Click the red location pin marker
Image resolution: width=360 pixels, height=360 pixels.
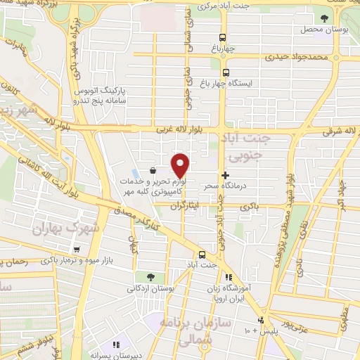click(x=181, y=165)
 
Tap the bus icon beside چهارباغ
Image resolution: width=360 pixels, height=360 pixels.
click(x=223, y=38)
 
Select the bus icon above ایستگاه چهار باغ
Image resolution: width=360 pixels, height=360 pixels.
click(x=226, y=72)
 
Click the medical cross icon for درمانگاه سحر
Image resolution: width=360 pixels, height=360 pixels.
click(x=225, y=175)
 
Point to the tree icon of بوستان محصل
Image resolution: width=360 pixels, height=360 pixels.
click(x=323, y=19)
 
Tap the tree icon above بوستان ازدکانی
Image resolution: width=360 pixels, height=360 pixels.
click(x=150, y=277)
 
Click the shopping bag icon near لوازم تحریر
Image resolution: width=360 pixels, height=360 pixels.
click(x=153, y=169)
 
